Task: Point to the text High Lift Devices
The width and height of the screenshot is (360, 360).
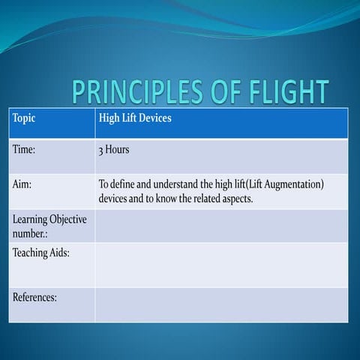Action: point(135,118)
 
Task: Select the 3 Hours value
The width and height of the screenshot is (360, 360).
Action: point(114,149)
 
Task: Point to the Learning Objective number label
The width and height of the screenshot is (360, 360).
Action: point(49,226)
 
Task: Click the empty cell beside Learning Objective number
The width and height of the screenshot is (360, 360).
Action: point(221,226)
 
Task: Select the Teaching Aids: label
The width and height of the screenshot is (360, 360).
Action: point(41,253)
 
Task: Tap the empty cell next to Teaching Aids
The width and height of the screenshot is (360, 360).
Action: point(221,264)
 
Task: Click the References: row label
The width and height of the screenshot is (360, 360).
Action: point(35,298)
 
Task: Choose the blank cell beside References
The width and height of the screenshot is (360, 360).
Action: point(221,304)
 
